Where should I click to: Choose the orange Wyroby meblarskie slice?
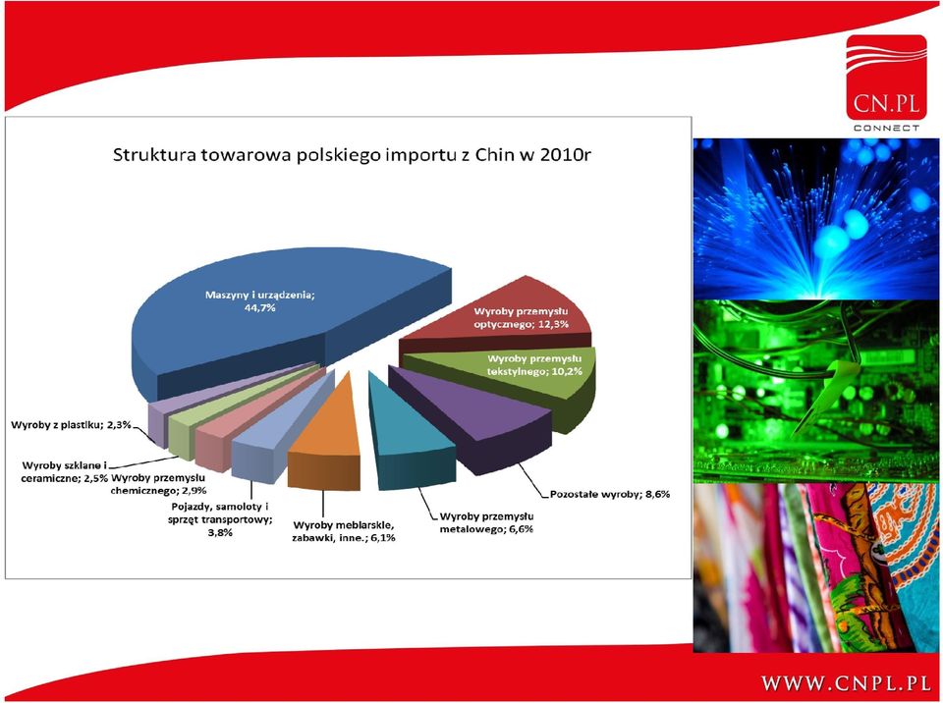(328, 445)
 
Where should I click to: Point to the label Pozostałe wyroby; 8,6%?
(610, 495)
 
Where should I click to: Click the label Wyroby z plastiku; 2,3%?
(71, 426)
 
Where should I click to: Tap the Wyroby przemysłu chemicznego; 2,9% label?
(159, 484)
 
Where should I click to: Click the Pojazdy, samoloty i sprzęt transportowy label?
(220, 519)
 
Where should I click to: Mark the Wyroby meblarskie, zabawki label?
(344, 531)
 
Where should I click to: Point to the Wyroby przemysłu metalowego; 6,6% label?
(487, 522)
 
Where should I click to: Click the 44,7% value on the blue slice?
(259, 308)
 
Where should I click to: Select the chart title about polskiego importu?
(352, 155)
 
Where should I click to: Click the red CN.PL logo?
(886, 82)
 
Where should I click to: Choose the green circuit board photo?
(816, 391)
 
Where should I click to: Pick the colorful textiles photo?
(816, 568)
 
